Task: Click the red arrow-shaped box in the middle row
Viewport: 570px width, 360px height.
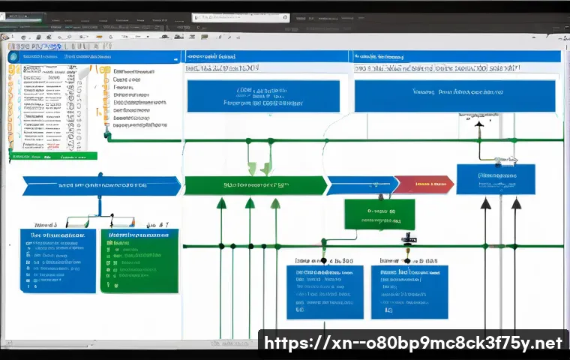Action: click(423, 184)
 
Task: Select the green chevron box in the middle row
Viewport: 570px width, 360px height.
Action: click(255, 185)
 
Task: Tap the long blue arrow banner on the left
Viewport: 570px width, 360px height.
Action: click(101, 185)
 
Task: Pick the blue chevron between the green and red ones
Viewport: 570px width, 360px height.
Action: click(362, 185)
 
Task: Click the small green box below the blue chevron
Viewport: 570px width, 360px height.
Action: click(379, 214)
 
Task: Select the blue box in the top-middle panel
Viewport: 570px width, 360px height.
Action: click(262, 96)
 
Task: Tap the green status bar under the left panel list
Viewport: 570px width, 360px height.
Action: click(53, 157)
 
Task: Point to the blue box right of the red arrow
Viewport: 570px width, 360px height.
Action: click(496, 179)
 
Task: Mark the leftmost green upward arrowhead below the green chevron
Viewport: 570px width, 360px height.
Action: click(221, 203)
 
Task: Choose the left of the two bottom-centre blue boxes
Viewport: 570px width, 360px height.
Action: click(325, 292)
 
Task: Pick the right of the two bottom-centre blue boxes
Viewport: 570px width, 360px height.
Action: click(409, 292)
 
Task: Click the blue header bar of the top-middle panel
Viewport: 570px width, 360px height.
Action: click(265, 56)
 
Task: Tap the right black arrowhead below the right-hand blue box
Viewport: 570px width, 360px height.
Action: click(516, 203)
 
